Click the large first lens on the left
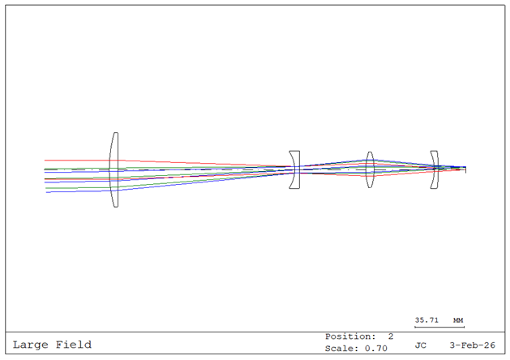[114, 169]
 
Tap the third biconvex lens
[370, 169]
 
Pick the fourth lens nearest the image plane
[435, 169]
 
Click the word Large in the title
[30, 345]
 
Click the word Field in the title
[74, 345]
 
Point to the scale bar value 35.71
[426, 320]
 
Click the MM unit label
[458, 320]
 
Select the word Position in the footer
[350, 336]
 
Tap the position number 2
[390, 336]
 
